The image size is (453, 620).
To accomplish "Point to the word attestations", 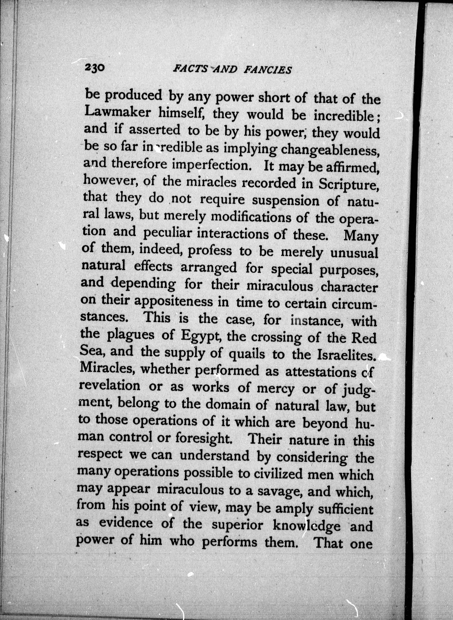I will click(x=320, y=372).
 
